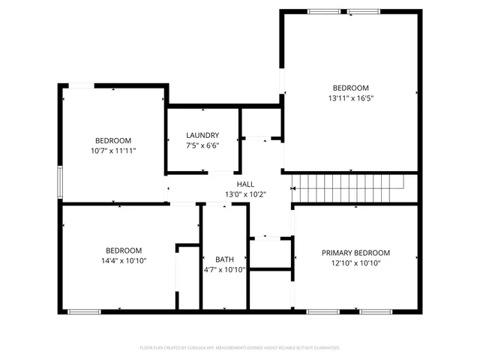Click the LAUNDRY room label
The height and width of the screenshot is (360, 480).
[x=202, y=135]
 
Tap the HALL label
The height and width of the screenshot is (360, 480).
[x=245, y=184]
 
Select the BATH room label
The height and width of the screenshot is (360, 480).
[x=225, y=259]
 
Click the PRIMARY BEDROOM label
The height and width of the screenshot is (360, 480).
[x=355, y=253]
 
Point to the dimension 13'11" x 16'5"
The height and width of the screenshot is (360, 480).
[x=350, y=97]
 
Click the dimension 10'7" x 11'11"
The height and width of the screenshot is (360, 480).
[x=113, y=151]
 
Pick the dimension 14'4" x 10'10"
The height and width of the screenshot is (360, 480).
[x=124, y=260]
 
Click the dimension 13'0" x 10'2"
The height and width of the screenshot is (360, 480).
[x=245, y=194]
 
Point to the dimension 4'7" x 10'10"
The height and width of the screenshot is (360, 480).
[x=225, y=269]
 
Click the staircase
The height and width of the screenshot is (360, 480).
[x=347, y=182]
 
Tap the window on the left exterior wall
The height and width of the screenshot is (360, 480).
[x=60, y=182]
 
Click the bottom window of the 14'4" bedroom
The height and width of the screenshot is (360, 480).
[x=84, y=311]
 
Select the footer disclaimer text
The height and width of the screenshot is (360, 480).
[x=240, y=348]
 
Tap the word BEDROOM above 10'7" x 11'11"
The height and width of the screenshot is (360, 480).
[x=113, y=141]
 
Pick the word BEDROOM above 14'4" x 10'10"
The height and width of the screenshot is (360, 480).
[x=124, y=250]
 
